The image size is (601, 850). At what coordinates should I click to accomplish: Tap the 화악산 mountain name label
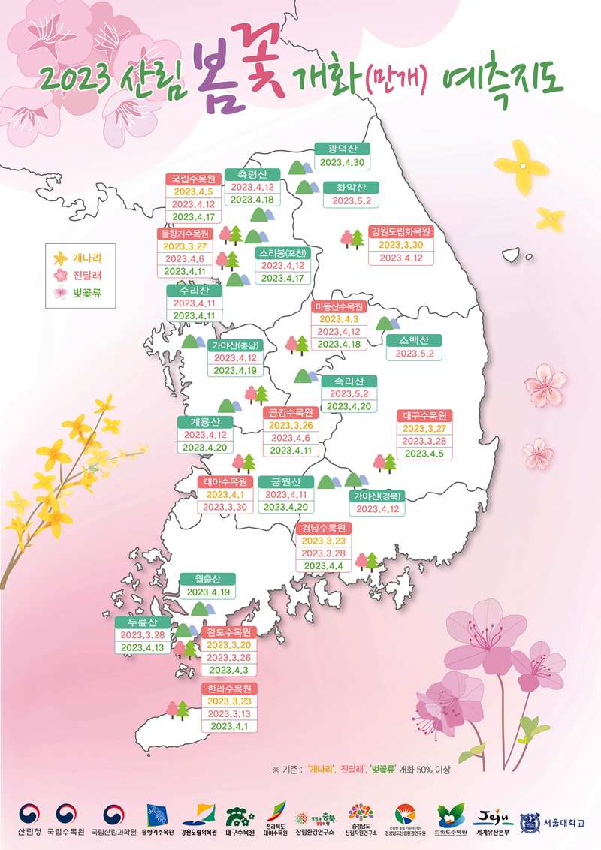(x=351, y=188)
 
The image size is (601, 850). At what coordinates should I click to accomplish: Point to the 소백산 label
(x=415, y=339)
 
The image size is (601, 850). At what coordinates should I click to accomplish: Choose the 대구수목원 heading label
(x=425, y=415)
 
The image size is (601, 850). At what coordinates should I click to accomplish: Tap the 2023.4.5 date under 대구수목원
(x=425, y=454)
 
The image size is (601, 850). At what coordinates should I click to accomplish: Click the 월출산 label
(x=207, y=579)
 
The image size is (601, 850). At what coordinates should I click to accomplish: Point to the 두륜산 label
(x=142, y=622)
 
